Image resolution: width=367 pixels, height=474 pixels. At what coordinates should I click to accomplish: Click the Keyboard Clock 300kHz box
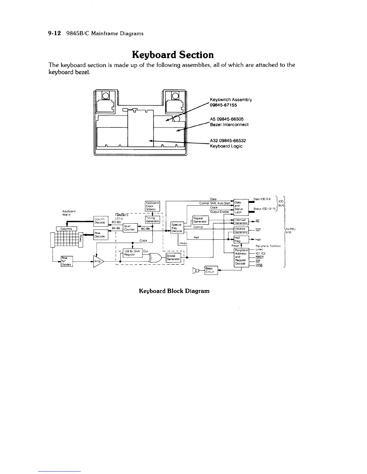152,206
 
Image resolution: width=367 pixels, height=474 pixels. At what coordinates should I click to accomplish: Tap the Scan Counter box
130,228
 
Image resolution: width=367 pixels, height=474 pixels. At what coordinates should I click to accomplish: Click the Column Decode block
101,221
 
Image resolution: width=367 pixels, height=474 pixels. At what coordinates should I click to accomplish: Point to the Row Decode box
101,235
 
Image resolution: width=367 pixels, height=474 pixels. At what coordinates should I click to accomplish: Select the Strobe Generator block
173,258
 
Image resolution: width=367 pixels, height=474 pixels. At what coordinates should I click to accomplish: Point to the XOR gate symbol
156,257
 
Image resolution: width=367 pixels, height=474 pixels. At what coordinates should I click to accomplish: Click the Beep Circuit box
211,270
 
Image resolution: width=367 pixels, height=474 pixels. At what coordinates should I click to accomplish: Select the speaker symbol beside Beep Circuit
197,271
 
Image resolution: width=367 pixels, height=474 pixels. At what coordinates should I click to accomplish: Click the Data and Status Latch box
241,207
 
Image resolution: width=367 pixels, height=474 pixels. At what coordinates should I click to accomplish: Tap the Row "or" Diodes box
66,261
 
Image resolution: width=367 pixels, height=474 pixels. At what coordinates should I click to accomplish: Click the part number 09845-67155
223,105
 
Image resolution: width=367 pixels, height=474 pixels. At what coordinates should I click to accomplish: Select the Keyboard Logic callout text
226,146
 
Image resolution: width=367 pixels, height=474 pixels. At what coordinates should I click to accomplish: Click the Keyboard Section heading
173,55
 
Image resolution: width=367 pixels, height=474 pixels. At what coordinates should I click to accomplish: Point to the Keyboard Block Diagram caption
174,291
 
